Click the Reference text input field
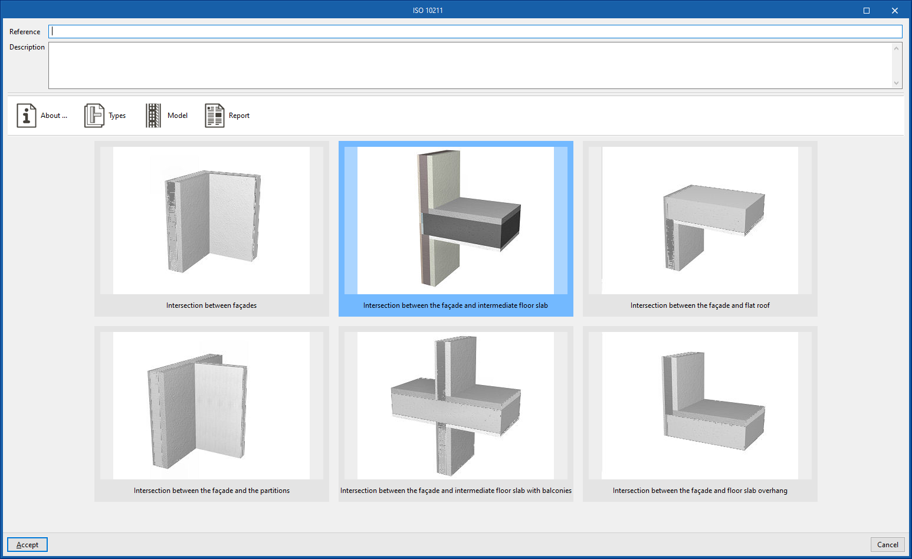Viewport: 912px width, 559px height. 475,32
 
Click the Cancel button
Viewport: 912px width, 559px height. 887,545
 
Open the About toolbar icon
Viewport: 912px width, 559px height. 27,116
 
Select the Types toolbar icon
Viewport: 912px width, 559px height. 94,116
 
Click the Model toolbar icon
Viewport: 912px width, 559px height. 153,116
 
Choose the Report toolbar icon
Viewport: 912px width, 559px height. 215,116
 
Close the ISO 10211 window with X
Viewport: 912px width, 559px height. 894,11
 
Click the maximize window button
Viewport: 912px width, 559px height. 867,11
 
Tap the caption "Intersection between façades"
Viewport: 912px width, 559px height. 211,305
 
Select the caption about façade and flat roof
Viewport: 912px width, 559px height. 700,305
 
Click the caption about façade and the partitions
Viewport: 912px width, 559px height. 211,491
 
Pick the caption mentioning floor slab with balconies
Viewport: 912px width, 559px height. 455,491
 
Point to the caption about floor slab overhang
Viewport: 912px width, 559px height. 700,491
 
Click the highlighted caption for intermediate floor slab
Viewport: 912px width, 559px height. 455,305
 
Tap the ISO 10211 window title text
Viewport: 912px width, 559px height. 428,11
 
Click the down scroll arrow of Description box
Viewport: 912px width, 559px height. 896,83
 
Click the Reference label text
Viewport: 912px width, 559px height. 25,32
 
